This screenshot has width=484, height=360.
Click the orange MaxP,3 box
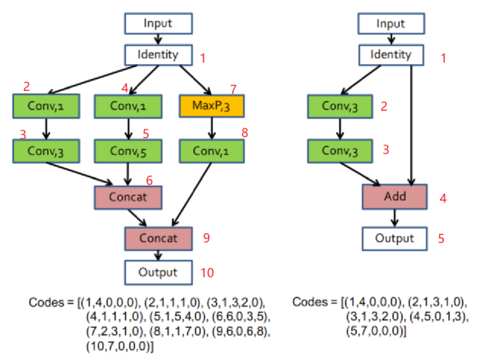(212, 106)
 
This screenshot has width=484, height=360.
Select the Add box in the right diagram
(394, 198)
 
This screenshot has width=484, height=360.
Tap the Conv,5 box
(129, 152)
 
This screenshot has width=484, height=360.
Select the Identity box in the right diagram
(391, 54)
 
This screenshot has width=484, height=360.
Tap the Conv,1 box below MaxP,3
(213, 152)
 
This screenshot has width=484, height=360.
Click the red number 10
(207, 273)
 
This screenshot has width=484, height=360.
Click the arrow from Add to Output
(394, 218)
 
